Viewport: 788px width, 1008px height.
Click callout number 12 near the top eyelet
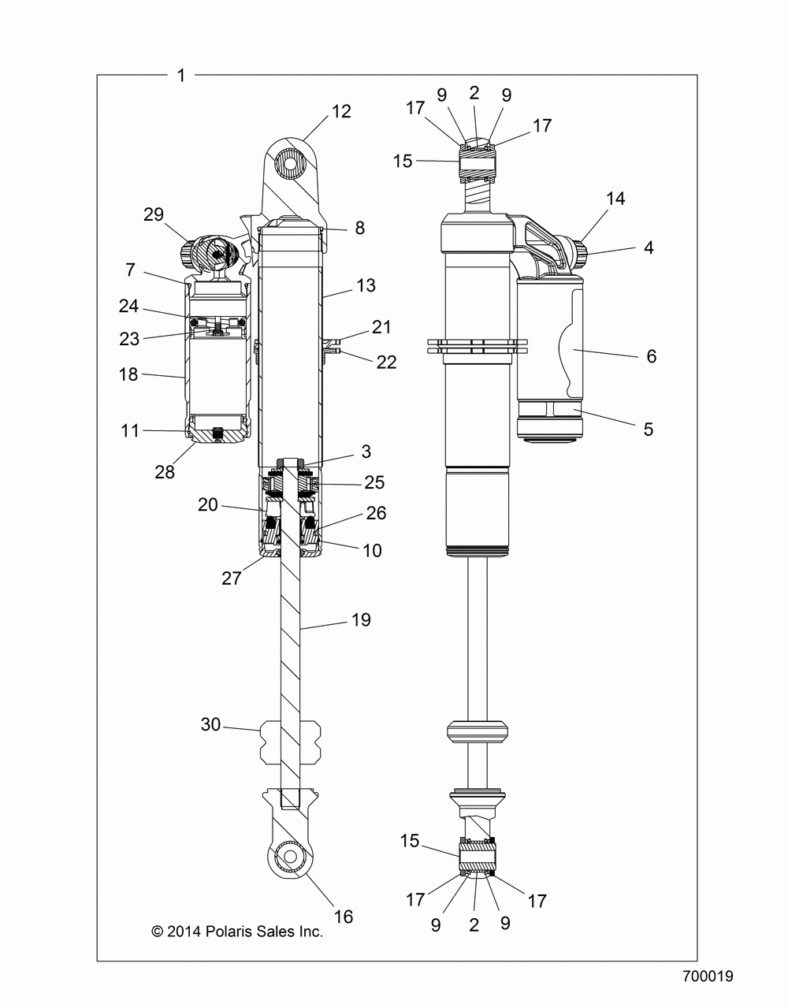(x=341, y=112)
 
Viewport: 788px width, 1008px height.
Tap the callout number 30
(x=210, y=724)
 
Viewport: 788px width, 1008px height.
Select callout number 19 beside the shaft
(x=361, y=619)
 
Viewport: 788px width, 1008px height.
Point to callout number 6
(x=651, y=356)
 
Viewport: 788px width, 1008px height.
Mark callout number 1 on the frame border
(x=181, y=75)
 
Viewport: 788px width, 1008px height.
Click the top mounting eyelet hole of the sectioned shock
(x=290, y=163)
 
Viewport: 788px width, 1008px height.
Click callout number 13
(x=366, y=286)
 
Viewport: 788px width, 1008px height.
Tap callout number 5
(x=649, y=430)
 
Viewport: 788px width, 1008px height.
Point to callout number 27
(x=232, y=578)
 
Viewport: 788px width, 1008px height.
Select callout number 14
(x=615, y=199)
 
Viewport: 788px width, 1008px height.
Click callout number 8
(x=360, y=229)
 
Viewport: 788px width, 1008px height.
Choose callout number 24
(x=128, y=306)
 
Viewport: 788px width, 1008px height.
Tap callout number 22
(x=386, y=363)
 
